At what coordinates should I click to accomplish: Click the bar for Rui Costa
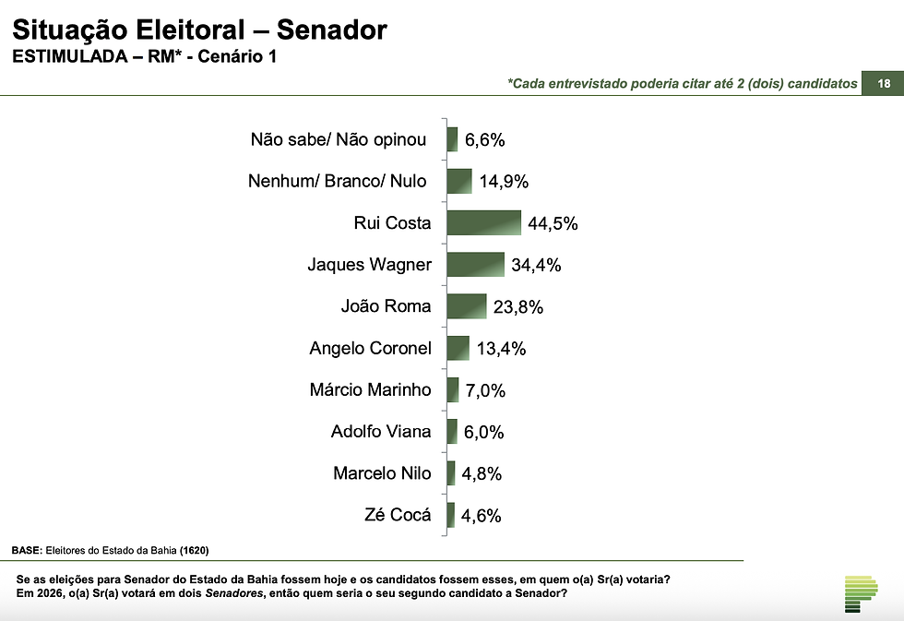[483, 223]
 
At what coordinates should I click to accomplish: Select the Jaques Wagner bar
[475, 265]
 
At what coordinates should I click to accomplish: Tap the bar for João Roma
[466, 306]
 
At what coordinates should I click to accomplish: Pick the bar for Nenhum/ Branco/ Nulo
[458, 181]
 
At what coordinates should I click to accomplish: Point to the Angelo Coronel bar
[458, 348]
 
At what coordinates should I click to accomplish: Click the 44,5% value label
[553, 224]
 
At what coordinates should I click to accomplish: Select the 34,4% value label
[536, 266]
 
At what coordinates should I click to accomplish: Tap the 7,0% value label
[484, 390]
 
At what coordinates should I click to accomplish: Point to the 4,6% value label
[482, 516]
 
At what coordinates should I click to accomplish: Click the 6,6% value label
[484, 140]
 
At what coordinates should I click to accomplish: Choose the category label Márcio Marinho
[370, 389]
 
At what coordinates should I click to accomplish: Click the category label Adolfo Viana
[380, 431]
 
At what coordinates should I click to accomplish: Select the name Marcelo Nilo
[382, 473]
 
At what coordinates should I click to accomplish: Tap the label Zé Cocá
[398, 515]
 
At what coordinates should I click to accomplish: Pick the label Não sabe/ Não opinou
[339, 139]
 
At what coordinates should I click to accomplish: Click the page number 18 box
[884, 84]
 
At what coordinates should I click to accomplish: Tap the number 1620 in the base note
[194, 551]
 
